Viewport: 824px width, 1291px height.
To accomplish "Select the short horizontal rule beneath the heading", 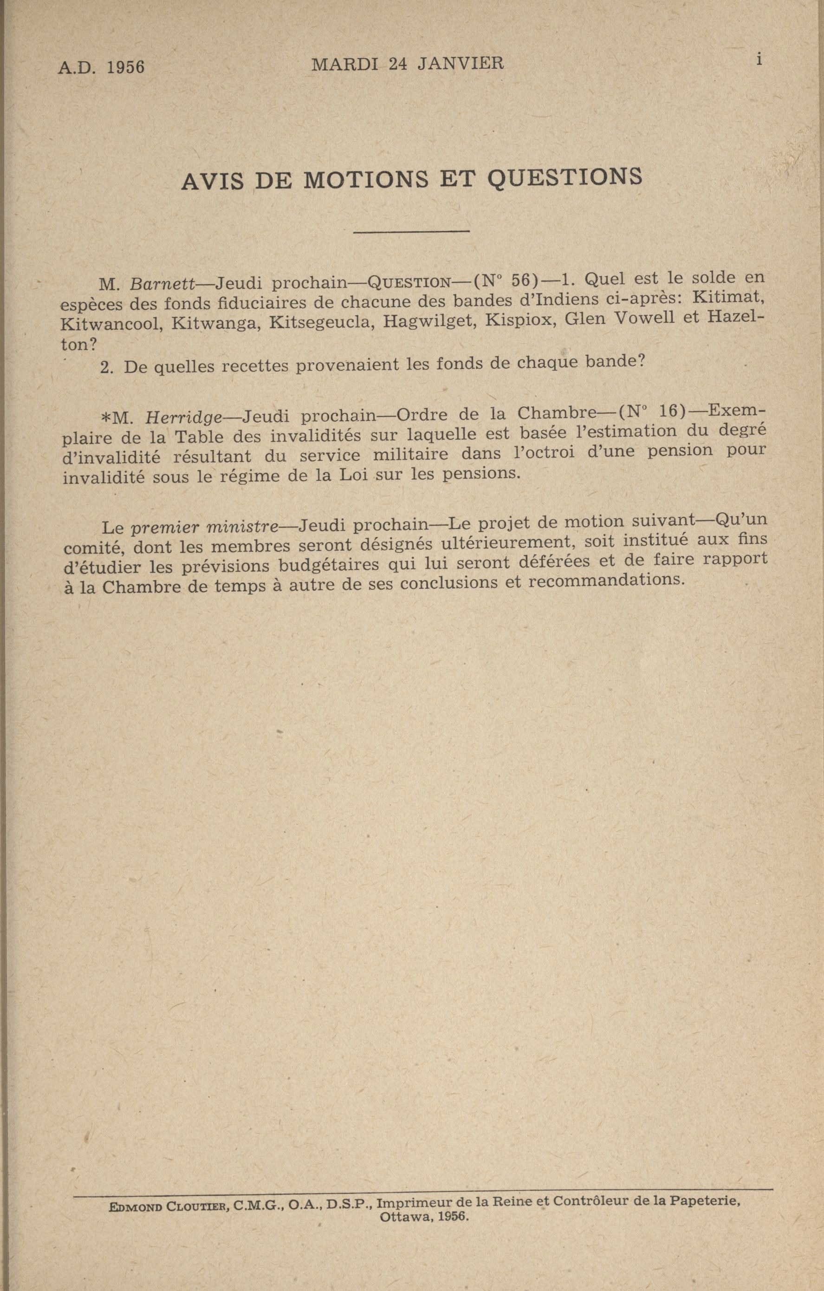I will pyautogui.click(x=411, y=232).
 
